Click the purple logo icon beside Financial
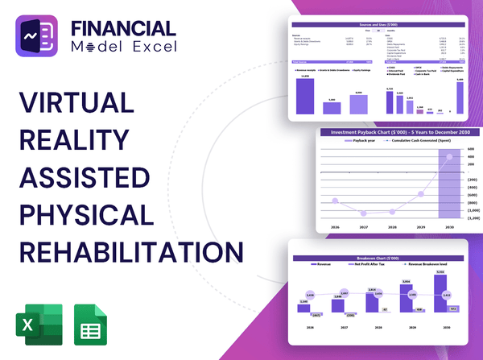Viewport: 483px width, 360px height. pyautogui.click(x=38, y=39)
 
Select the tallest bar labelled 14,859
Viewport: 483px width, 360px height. pyautogui.click(x=305, y=96)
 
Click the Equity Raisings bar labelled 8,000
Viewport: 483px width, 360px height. pyautogui.click(x=358, y=104)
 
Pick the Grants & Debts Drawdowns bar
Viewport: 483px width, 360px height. pyautogui.click(x=332, y=107)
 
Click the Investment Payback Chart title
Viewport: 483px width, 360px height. pyautogui.click(x=390, y=131)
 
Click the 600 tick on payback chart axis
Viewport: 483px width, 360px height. pyautogui.click(x=471, y=149)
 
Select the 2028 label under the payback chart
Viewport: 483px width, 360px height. pyautogui.click(x=391, y=228)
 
